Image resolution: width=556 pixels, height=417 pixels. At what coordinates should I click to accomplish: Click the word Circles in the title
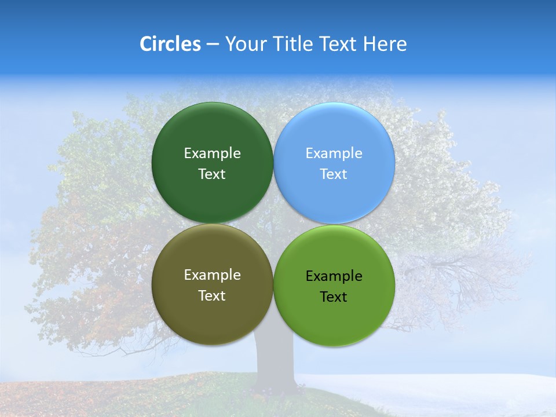[170, 44]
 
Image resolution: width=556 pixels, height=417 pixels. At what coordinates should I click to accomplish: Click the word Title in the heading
[292, 44]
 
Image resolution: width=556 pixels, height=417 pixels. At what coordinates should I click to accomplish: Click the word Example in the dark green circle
[212, 153]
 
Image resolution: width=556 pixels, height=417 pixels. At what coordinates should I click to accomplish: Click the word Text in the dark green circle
[212, 174]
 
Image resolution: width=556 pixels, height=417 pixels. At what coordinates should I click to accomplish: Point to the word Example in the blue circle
[334, 153]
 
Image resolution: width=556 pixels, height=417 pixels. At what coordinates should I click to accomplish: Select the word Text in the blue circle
[334, 174]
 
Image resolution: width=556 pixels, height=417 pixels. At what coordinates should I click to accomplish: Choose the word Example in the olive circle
[212, 275]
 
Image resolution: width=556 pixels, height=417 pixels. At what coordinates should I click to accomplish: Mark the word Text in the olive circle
[212, 295]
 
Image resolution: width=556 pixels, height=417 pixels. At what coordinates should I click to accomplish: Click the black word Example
[334, 276]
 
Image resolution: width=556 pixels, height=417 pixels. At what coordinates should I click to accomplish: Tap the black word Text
[334, 297]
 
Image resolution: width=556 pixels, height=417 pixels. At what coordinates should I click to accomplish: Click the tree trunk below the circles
[273, 371]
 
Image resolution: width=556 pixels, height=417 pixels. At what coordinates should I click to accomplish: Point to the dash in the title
[213, 44]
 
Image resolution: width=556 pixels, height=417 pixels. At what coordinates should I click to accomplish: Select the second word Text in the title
[339, 44]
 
